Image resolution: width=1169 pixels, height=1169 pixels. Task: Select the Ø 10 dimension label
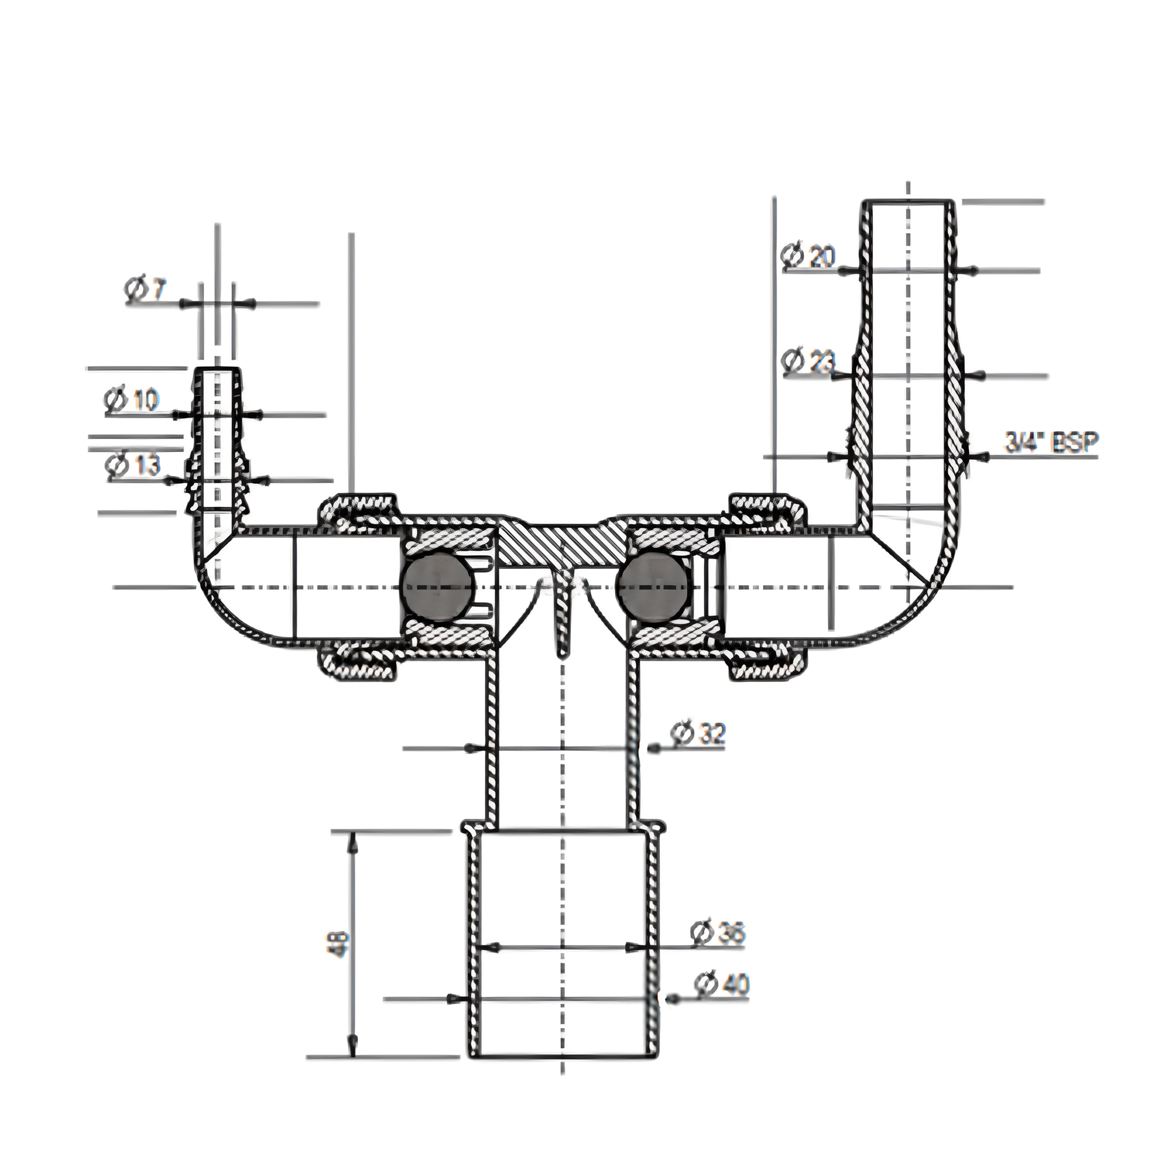tap(131, 400)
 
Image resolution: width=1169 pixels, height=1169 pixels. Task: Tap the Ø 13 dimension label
tap(133, 465)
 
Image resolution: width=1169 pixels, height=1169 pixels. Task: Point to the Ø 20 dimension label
tap(809, 257)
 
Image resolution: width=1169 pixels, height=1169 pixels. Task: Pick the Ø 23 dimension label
tap(809, 362)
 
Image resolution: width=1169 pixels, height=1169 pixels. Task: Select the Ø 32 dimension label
tap(699, 734)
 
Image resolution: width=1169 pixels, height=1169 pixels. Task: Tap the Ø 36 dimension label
tap(718, 933)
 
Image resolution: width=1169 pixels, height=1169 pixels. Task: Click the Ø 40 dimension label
tap(721, 985)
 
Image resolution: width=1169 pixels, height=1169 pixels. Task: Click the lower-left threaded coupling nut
tap(357, 664)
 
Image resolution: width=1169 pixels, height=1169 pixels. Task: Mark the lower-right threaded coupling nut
tap(766, 664)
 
